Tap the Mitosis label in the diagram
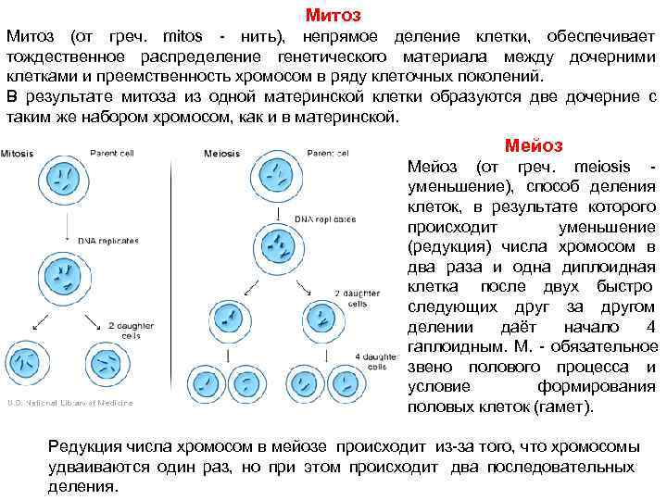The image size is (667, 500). [18, 154]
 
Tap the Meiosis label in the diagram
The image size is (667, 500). [222, 154]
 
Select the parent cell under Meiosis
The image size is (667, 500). [277, 177]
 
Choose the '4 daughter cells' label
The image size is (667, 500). [375, 361]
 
